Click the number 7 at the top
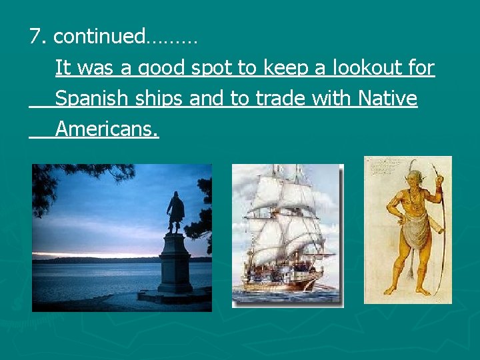[35, 36]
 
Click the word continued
[98, 36]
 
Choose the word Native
[387, 99]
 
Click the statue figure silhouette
[175, 212]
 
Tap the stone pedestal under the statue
[174, 270]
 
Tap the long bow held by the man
[440, 227]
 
